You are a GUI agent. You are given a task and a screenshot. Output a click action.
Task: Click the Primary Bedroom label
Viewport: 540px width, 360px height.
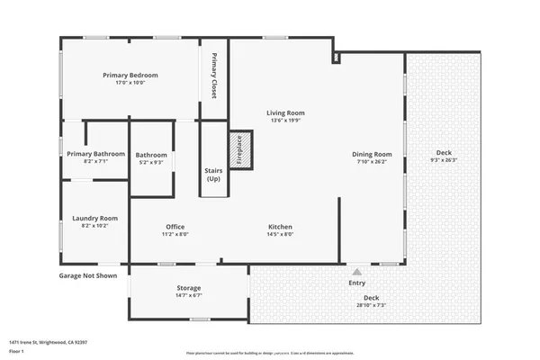point(130,75)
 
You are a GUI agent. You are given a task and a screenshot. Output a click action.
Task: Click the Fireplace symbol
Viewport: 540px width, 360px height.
point(240,149)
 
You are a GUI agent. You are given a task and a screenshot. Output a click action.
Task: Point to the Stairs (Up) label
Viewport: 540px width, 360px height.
point(213,173)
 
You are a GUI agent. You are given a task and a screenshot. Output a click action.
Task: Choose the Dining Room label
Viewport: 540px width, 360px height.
point(372,154)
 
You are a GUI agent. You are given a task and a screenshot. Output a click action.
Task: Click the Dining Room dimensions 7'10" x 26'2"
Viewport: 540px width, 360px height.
point(372,163)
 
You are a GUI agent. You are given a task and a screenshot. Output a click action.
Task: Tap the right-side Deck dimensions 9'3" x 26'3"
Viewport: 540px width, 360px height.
point(445,160)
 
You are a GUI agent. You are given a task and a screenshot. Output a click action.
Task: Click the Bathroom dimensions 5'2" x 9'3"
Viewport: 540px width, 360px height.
point(150,163)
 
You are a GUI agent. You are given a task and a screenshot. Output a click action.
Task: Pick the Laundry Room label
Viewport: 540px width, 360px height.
point(95,218)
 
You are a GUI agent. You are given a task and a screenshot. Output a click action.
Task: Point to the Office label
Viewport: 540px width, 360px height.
point(175,226)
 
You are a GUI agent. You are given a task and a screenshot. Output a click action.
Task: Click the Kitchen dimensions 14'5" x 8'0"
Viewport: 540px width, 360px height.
point(280,234)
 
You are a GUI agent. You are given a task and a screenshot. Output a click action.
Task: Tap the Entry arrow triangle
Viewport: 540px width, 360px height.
point(356,270)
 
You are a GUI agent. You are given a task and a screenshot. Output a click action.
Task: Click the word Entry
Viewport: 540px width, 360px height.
point(357,283)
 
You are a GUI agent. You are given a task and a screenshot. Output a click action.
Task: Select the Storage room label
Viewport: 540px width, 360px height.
point(188,287)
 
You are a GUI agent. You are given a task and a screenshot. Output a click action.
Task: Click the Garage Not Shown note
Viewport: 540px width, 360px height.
point(88,275)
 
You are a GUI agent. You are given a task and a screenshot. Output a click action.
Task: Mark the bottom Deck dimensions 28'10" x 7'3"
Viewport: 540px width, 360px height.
point(371,304)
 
